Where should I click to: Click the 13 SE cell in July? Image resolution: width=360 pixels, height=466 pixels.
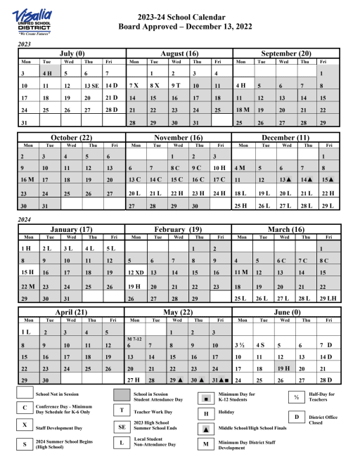[91, 85]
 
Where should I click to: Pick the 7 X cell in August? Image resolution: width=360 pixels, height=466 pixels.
[135, 85]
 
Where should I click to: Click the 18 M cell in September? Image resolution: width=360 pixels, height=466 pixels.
[243, 110]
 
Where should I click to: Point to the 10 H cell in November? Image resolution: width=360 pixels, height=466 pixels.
[219, 168]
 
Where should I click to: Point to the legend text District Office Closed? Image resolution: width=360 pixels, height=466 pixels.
[323, 420]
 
